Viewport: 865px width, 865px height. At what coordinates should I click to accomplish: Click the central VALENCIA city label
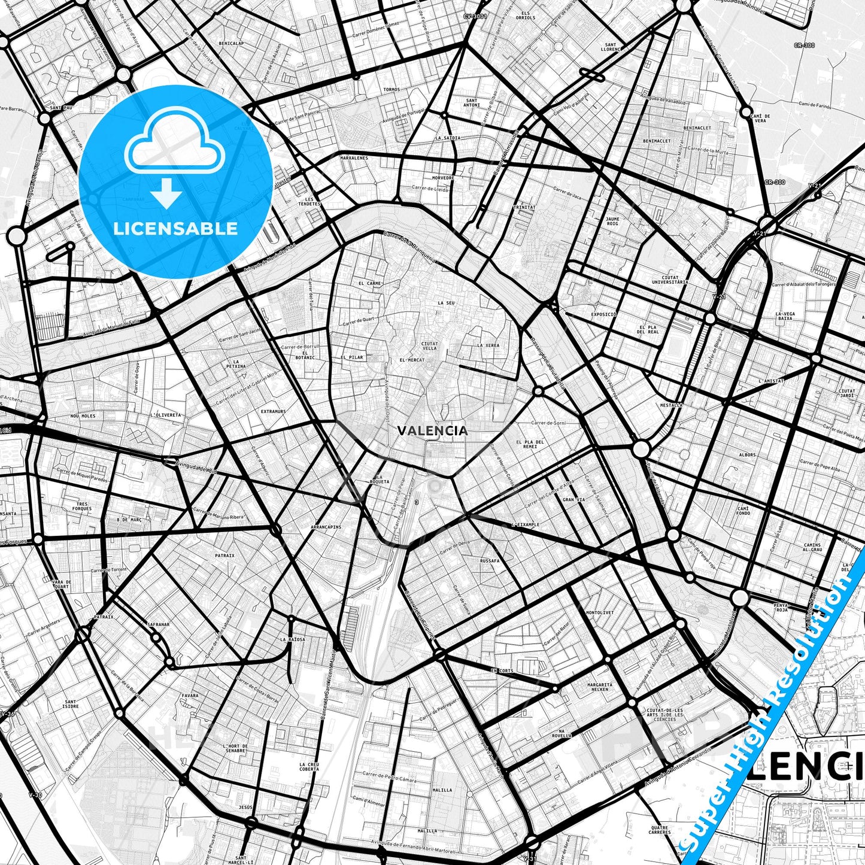(x=432, y=430)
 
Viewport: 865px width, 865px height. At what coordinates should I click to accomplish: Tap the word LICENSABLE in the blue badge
(x=175, y=228)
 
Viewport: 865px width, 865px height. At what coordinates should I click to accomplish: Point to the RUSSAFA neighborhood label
(x=489, y=562)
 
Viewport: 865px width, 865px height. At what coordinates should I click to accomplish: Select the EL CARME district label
(x=369, y=283)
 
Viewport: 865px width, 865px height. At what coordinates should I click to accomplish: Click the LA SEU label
(x=446, y=303)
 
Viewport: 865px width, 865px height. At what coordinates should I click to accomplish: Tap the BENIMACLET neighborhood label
(x=656, y=141)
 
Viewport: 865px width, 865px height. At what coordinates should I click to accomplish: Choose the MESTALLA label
(x=671, y=405)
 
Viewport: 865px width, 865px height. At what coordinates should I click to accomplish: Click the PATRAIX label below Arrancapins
(x=224, y=556)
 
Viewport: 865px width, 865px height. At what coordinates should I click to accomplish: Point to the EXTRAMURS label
(x=273, y=411)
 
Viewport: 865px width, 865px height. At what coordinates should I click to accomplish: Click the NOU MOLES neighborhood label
(x=83, y=415)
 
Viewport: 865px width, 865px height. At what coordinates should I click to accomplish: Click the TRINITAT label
(x=524, y=207)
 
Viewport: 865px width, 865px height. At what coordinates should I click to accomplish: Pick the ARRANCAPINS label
(x=326, y=527)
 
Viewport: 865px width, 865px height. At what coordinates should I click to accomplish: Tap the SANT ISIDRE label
(x=70, y=704)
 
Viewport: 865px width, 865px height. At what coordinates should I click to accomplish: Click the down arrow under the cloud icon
(x=166, y=195)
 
